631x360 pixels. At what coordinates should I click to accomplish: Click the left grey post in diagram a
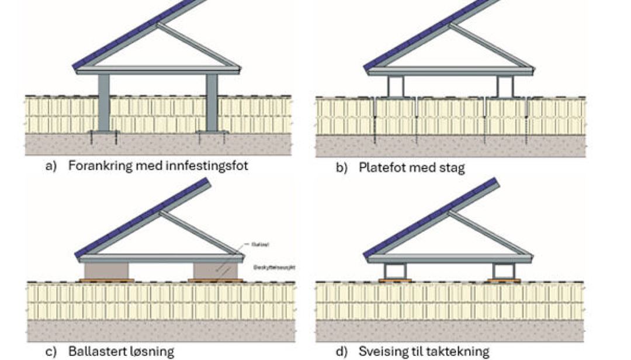104,102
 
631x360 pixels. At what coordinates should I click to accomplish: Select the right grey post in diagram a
212,102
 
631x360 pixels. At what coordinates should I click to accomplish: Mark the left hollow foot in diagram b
396,86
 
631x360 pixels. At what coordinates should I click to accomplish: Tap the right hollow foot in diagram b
505,86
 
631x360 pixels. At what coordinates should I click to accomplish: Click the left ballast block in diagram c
106,271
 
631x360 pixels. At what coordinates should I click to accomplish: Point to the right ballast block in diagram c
215,271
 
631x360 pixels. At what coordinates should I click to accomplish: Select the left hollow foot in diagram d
395,271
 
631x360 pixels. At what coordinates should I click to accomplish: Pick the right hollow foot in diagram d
503,271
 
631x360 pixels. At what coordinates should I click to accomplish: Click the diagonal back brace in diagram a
199,44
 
